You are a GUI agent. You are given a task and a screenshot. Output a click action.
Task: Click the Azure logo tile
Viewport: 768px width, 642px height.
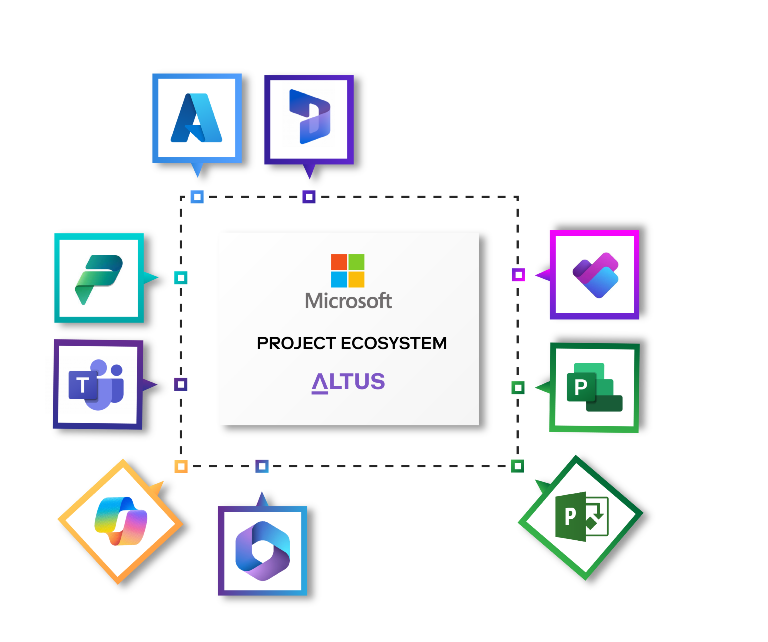point(197,118)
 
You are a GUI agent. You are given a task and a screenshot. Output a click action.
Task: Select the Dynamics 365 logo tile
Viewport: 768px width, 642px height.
point(309,119)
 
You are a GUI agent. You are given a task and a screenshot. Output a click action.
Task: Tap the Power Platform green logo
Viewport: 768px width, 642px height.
point(99,278)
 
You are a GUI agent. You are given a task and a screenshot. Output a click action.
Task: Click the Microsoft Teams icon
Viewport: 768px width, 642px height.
point(98,384)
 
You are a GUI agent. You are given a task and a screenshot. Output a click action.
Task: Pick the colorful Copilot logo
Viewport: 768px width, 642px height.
point(121,521)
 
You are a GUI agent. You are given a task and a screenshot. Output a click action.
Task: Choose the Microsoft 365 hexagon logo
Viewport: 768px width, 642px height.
point(262,551)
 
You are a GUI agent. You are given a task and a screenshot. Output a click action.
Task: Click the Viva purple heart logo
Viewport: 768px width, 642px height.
point(595,275)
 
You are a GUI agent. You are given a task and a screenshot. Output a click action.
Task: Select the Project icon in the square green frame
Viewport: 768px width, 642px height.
point(594,388)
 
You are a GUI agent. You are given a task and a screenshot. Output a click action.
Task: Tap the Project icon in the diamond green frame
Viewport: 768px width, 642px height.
point(581,517)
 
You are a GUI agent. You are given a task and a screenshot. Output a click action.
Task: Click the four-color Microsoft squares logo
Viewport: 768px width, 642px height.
point(348,271)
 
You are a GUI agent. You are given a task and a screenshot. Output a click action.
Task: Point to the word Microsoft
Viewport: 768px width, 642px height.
point(348,301)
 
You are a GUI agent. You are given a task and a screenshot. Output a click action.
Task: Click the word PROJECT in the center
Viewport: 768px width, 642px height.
point(296,343)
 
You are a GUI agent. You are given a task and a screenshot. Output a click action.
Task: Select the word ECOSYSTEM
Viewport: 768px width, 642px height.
point(394,343)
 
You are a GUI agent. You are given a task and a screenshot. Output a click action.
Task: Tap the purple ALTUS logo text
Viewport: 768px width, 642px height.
point(348,382)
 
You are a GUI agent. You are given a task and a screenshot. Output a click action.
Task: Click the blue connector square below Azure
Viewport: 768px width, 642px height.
point(197,197)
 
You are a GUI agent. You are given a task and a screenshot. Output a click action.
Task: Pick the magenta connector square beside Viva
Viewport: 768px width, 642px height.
point(518,275)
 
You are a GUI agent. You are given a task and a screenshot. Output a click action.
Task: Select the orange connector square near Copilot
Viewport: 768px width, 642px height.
point(181,466)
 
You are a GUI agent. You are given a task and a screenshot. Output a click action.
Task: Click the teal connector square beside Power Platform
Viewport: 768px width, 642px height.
point(181,278)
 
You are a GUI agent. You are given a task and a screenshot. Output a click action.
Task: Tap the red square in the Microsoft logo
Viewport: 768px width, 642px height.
point(339,262)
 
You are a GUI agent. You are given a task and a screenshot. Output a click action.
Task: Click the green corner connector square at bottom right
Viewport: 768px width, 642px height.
point(518,466)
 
